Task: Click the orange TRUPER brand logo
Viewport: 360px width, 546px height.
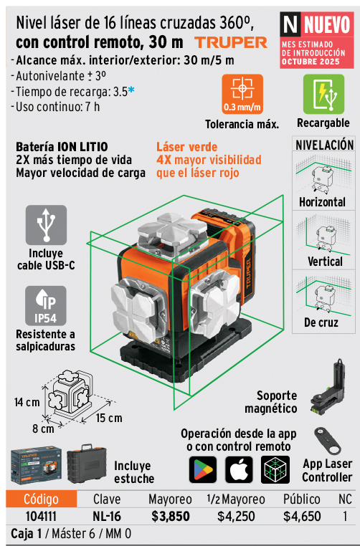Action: pos(231,43)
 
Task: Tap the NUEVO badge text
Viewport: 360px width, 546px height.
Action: pos(326,24)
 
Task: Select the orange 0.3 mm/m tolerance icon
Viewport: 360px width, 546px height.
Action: pos(242,94)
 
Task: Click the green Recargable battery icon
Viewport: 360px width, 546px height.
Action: pos(323,94)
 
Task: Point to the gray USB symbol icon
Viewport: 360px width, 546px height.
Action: pos(46,225)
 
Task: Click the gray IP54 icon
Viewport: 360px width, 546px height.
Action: pos(46,306)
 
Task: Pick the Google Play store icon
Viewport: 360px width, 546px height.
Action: pos(203,470)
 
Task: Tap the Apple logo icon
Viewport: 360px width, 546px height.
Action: pos(239,470)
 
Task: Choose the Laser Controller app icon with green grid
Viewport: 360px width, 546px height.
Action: pos(275,470)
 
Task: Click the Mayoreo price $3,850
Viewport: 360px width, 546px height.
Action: pos(171,517)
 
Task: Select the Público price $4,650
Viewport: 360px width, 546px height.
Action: pos(302,517)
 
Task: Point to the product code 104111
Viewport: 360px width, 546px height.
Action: pos(41,517)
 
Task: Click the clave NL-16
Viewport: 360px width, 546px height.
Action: pos(107,517)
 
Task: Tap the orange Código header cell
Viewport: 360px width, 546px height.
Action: pos(41,499)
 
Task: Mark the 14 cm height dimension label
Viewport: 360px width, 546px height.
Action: pos(27,403)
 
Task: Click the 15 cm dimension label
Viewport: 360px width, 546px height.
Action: pos(109,418)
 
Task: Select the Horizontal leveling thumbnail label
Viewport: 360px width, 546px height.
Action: pos(323,202)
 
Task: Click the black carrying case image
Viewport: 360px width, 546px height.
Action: pos(87,464)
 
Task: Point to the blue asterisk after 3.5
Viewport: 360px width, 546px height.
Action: pos(131,90)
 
